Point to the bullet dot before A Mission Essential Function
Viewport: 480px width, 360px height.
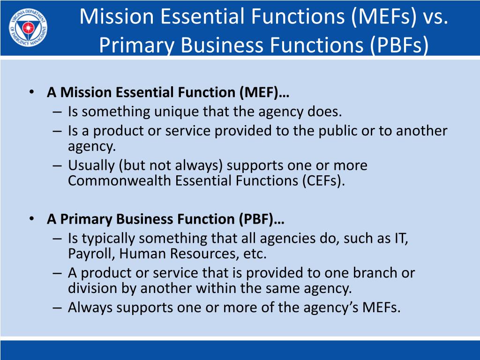coord(31,92)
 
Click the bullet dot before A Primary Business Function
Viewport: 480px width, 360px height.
coord(31,219)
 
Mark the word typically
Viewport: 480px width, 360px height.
coord(109,239)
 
